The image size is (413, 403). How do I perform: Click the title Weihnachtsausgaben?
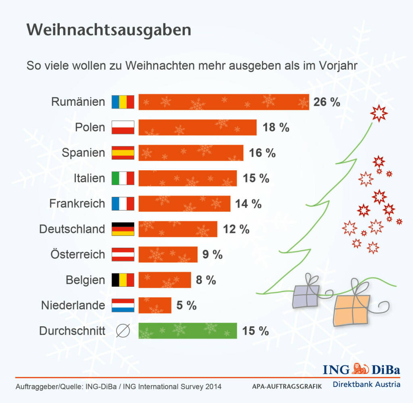[x=108, y=30]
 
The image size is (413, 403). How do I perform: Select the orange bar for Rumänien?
[x=223, y=102]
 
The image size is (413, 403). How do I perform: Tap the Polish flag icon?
[x=123, y=127]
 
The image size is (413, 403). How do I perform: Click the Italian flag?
[x=123, y=178]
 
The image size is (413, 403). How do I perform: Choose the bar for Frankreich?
[x=184, y=204]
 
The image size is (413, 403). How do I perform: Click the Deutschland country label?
[x=72, y=229]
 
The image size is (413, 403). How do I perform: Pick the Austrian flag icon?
[x=123, y=255]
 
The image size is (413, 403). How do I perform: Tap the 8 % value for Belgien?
[x=206, y=280]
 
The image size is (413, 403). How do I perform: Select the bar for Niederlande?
[x=155, y=305]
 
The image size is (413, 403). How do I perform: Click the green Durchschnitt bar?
[x=188, y=331]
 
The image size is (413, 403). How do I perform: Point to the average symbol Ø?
[x=123, y=331]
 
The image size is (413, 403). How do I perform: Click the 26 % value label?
[x=327, y=102]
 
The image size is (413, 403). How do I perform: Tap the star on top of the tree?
[x=379, y=113]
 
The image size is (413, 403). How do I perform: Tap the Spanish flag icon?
[x=123, y=153]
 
